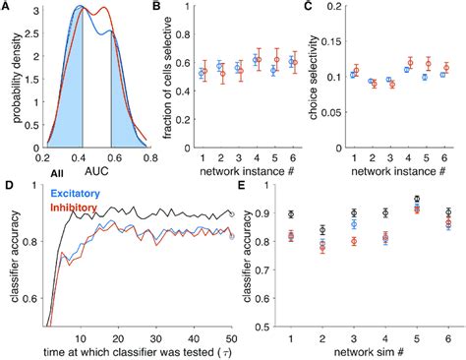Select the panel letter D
8,185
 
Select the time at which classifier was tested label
130,350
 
